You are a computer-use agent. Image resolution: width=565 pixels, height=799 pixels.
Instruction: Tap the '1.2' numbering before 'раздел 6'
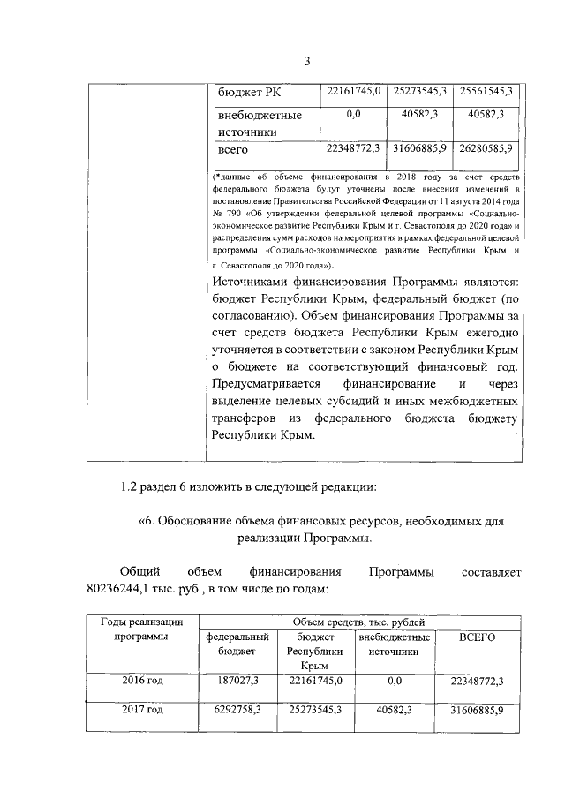[131, 486]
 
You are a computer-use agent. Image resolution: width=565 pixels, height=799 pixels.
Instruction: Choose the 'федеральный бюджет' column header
[237, 644]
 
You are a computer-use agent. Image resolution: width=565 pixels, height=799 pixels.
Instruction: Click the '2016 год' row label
[142, 681]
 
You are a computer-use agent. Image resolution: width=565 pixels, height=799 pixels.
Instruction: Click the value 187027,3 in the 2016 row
[237, 681]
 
